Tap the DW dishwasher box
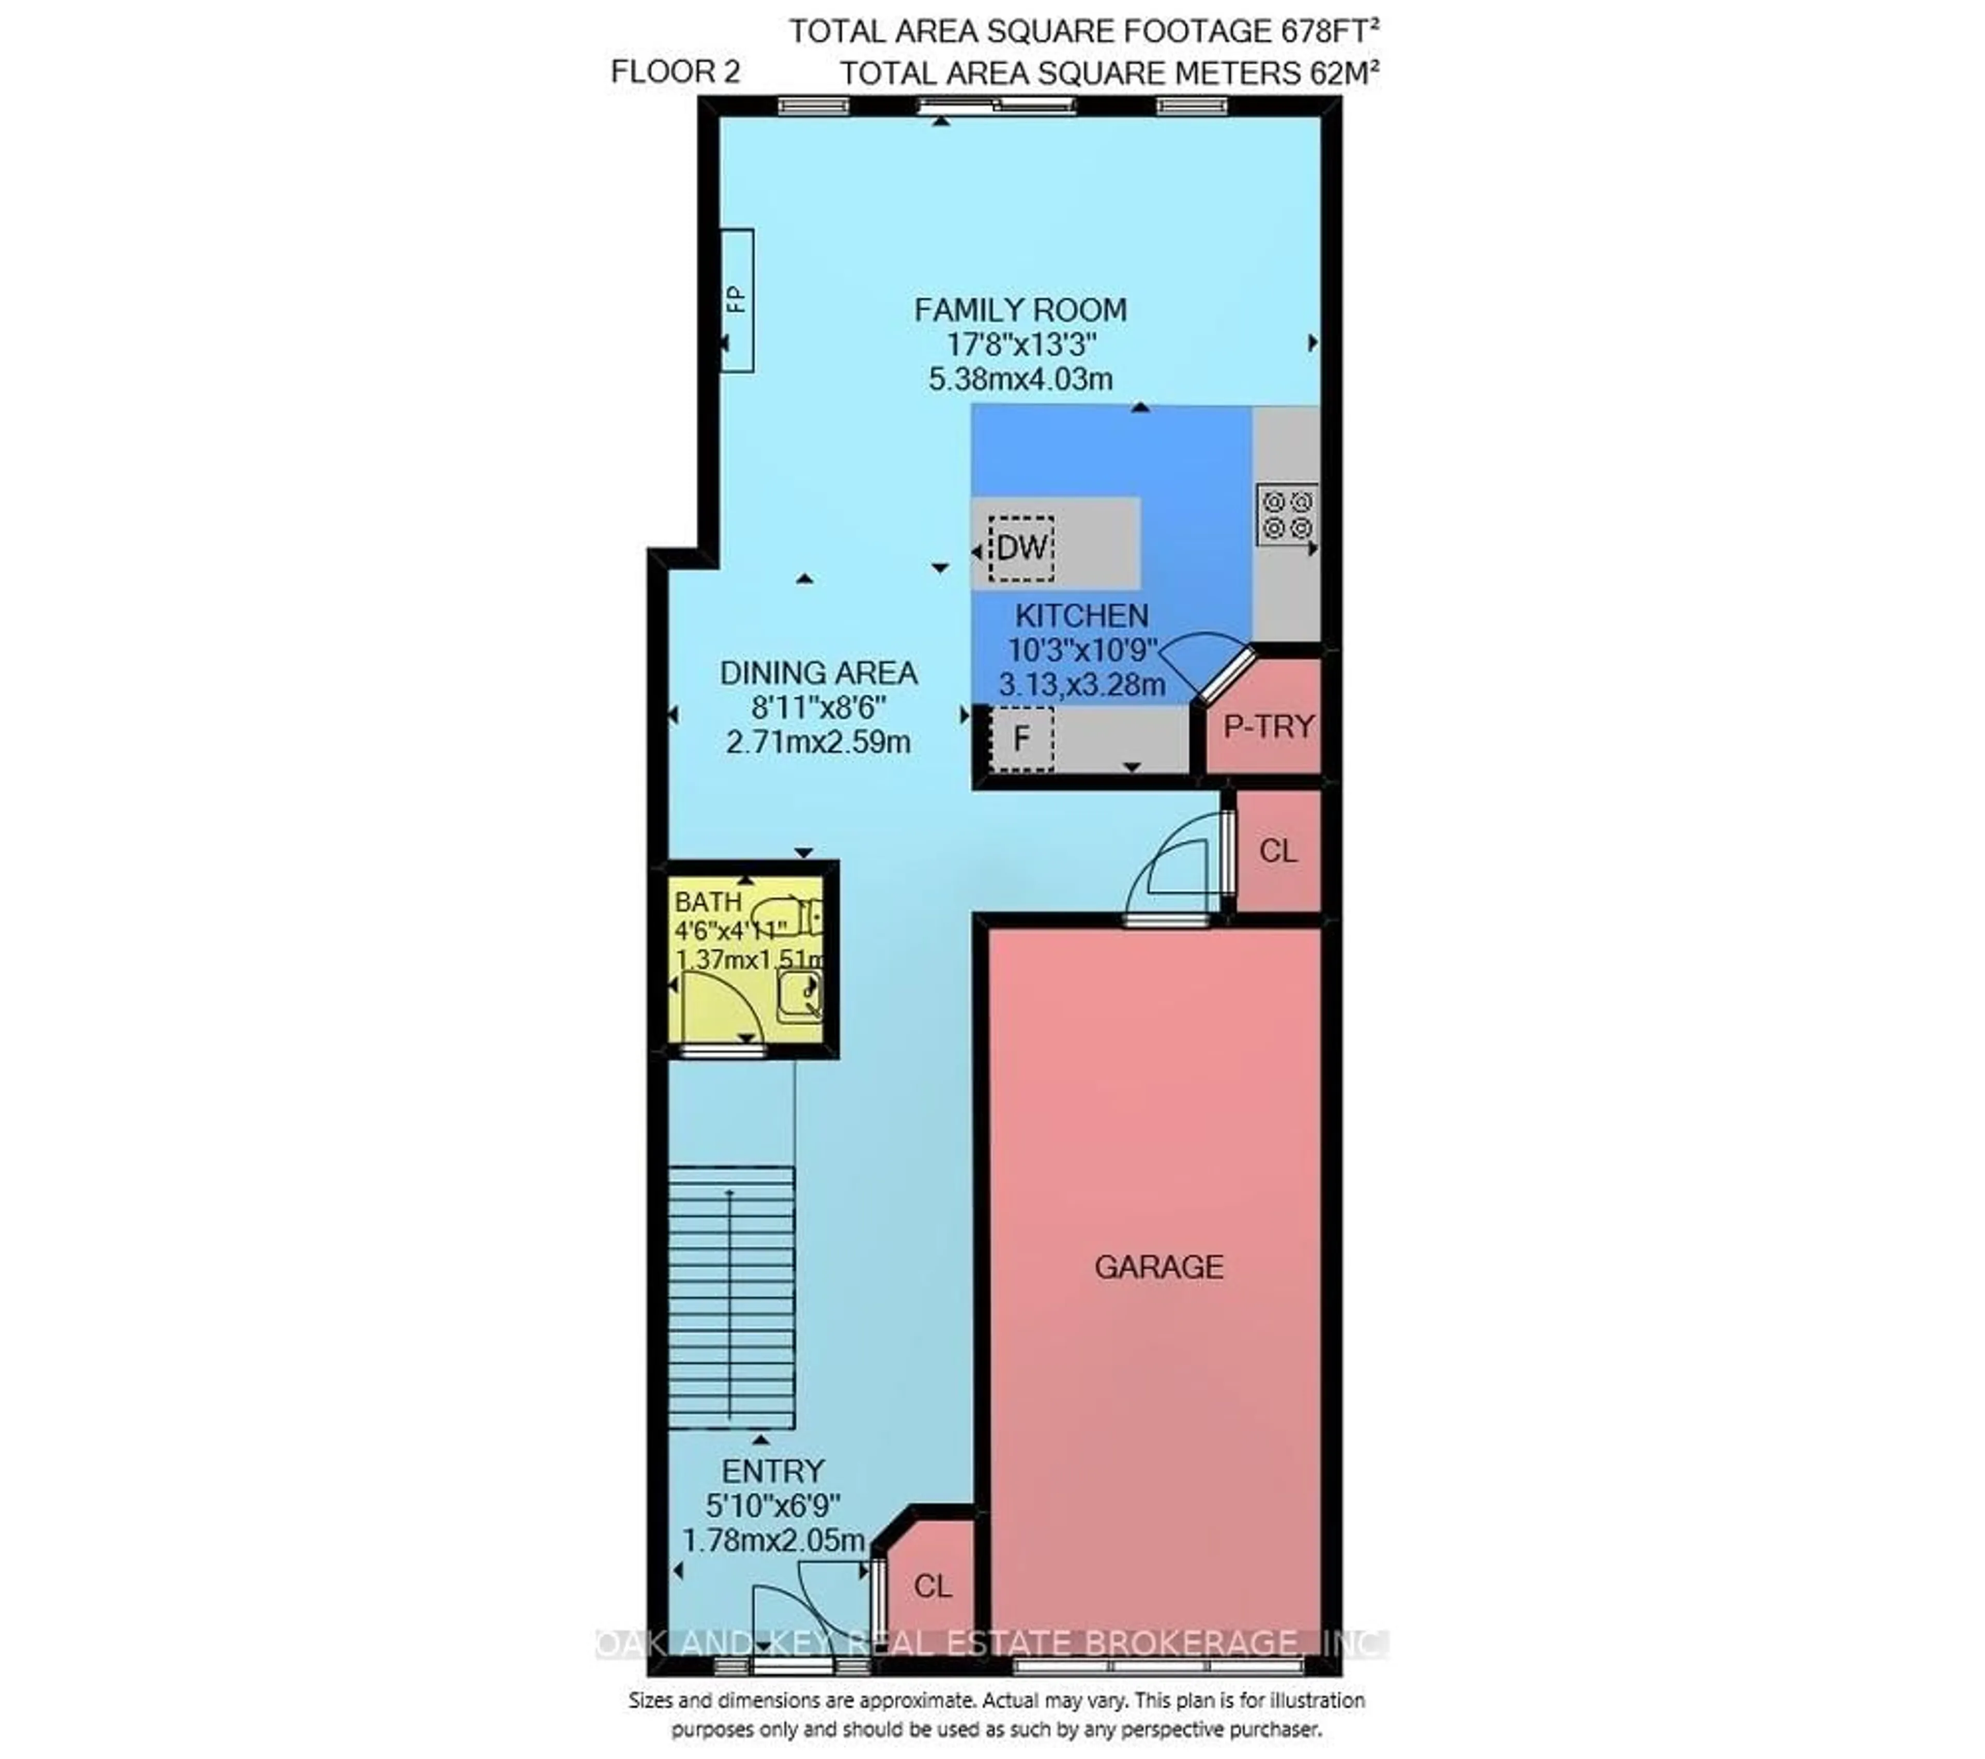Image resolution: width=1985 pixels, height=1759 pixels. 1021,548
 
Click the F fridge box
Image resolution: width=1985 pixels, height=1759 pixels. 1021,739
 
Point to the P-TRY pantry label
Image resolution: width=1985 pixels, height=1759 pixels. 1269,726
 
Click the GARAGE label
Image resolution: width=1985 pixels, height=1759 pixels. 1158,1267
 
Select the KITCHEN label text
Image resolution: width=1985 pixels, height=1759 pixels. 1082,616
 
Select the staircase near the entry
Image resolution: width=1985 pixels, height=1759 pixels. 731,1297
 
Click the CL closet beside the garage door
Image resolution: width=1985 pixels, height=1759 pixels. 1277,851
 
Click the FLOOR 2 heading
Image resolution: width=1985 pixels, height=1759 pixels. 675,72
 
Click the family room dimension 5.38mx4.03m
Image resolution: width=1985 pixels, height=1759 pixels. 1020,379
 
